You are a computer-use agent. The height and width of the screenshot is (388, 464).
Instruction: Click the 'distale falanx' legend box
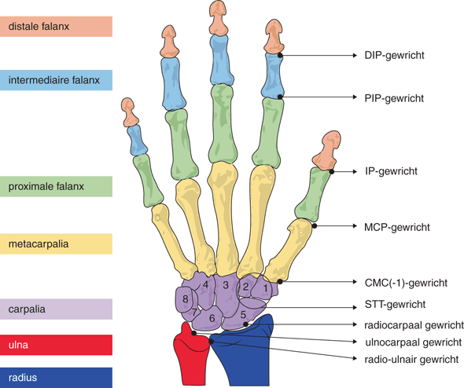click(56, 27)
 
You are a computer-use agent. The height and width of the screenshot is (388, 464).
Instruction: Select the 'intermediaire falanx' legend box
click(56, 79)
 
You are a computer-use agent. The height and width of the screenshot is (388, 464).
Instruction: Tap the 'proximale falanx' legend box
click(56, 185)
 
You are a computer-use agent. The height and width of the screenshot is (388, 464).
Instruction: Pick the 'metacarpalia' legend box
click(56, 244)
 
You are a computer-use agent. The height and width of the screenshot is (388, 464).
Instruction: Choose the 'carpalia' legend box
click(56, 309)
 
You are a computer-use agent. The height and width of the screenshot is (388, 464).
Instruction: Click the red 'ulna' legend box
click(56, 344)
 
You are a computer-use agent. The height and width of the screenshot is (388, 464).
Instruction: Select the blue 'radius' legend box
click(56, 376)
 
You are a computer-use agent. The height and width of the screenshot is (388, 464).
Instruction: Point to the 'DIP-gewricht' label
click(395, 57)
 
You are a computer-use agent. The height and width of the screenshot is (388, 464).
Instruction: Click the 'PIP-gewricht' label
click(395, 98)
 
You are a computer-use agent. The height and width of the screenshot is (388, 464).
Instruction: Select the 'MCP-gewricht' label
click(397, 227)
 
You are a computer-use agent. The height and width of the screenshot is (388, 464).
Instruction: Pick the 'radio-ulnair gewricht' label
click(412, 359)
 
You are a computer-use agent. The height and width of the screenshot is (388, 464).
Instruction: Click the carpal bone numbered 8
click(186, 299)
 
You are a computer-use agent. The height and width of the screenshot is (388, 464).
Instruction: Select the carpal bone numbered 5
click(245, 316)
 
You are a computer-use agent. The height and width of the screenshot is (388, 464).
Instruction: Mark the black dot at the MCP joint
click(314, 226)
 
